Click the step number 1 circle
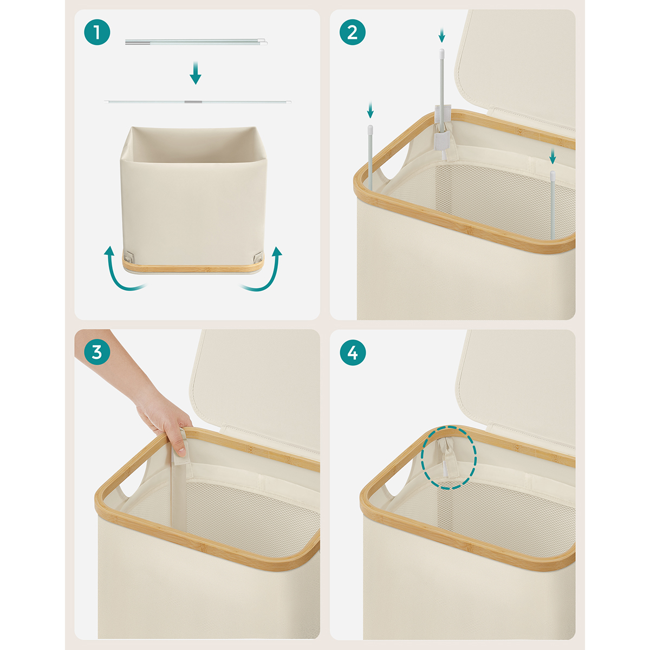point(97,32)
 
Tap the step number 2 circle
point(353,32)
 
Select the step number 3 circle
point(97,353)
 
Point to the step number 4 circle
point(353,353)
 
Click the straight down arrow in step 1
point(196,73)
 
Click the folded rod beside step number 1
point(196,42)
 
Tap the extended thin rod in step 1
point(197,101)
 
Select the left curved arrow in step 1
point(122,270)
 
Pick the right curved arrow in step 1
point(264,270)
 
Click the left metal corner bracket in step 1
point(128,256)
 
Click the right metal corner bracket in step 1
point(258,256)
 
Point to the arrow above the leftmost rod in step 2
point(370,109)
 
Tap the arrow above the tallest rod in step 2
point(442,35)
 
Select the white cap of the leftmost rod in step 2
point(370,128)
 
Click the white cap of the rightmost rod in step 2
point(552,174)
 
